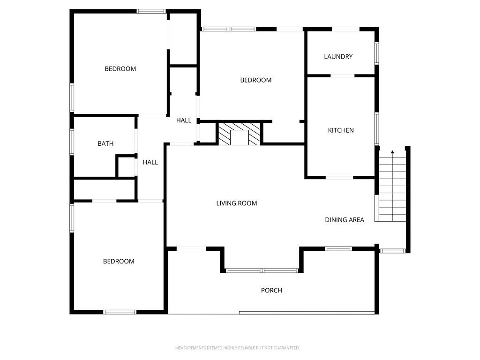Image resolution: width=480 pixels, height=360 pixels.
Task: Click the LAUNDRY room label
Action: tap(338, 57)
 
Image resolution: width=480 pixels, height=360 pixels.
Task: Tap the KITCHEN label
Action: tap(341, 130)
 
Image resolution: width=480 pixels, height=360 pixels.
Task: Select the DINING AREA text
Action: tap(345, 219)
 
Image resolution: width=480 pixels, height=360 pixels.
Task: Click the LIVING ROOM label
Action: tap(237, 203)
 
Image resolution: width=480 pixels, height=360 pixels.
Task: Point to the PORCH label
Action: tap(271, 291)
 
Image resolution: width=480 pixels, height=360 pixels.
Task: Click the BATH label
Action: tap(105, 144)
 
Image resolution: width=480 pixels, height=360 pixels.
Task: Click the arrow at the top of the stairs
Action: tap(392, 152)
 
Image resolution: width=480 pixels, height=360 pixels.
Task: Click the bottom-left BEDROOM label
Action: tap(119, 262)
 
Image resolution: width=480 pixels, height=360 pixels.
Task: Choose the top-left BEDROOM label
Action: tap(120, 69)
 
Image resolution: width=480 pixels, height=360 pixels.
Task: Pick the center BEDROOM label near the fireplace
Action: tap(256, 80)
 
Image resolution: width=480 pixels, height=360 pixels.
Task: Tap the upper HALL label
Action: tap(184, 120)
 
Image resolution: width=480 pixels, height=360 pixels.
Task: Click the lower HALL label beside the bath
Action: tap(150, 162)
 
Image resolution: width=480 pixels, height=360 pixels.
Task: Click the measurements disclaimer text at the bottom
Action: tap(237, 348)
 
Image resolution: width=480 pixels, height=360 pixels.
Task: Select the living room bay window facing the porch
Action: tap(262, 270)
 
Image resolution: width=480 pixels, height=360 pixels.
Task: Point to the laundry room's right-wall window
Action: tap(376, 53)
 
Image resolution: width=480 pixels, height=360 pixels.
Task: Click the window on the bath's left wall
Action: tap(72, 141)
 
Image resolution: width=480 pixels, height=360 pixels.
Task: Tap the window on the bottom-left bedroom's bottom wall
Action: tap(120, 312)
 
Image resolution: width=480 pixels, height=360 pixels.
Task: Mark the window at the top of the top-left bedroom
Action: tap(151, 11)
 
